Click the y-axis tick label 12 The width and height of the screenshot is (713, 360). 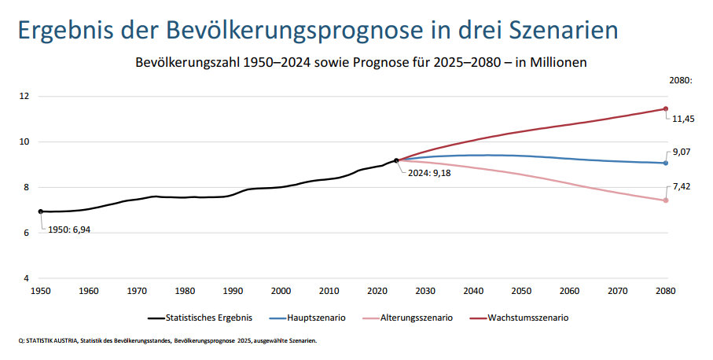pyautogui.click(x=24, y=97)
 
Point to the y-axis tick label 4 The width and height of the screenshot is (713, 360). pyautogui.click(x=27, y=279)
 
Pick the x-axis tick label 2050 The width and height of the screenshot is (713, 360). pyautogui.click(x=521, y=291)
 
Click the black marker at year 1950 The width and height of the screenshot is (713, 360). pyautogui.click(x=40, y=211)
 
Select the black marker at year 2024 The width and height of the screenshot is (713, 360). pyautogui.click(x=396, y=160)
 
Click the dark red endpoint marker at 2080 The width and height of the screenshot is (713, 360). pyautogui.click(x=665, y=109)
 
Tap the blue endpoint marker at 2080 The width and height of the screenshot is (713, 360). pyautogui.click(x=665, y=163)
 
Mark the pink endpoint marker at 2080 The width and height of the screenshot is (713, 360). pyautogui.click(x=665, y=200)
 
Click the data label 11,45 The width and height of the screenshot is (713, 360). pyautogui.click(x=682, y=119)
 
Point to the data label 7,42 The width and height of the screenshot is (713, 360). pyautogui.click(x=681, y=189)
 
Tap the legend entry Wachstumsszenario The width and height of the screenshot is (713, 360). pyautogui.click(x=528, y=318)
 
